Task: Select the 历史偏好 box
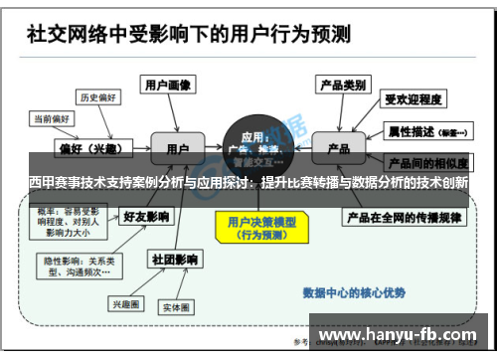click(x=100, y=97)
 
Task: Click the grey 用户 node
click(x=178, y=149)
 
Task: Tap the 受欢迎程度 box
click(x=414, y=99)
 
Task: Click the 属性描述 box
click(x=417, y=130)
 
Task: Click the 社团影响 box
click(x=173, y=258)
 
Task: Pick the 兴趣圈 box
click(x=126, y=303)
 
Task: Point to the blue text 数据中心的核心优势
click(x=355, y=292)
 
